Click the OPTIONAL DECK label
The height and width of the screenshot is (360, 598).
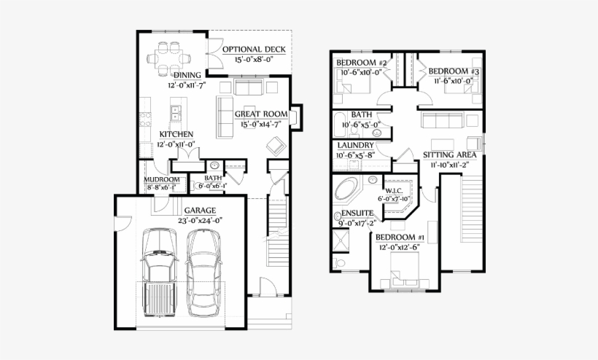tap(254, 50)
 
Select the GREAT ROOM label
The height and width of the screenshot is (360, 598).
tap(260, 114)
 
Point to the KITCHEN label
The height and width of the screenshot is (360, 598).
tap(176, 134)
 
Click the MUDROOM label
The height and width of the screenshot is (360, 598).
tap(161, 179)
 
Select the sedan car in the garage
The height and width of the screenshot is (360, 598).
tap(203, 272)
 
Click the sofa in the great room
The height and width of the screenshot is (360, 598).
tap(225, 117)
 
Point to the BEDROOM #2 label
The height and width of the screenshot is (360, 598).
tap(362, 63)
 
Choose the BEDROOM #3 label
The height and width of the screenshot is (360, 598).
tap(453, 71)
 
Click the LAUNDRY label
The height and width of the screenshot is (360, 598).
tap(356, 146)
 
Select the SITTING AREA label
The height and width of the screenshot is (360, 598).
tap(450, 155)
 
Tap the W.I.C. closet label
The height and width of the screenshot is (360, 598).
tap(395, 190)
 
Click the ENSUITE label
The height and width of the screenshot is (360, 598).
tap(358, 214)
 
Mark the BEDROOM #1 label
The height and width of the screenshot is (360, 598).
tap(400, 238)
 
